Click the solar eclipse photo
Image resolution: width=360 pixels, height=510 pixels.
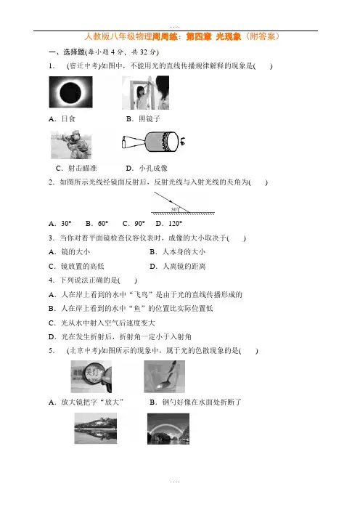click(71, 92)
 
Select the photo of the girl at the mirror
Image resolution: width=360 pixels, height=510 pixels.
click(146, 93)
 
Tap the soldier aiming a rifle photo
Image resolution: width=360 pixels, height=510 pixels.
click(71, 145)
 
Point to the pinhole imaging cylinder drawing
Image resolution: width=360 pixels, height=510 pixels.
click(153, 142)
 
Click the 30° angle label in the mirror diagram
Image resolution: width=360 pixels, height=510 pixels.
click(174, 209)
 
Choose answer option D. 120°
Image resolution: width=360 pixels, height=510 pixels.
click(169, 224)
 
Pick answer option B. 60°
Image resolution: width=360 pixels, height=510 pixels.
click(97, 224)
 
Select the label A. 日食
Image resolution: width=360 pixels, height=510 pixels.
click(62, 119)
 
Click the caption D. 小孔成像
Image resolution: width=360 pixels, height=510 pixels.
click(147, 168)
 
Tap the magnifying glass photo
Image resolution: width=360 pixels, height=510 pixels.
click(91, 376)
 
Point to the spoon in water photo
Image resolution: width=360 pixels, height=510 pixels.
click(165, 376)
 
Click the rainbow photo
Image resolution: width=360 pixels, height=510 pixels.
click(168, 429)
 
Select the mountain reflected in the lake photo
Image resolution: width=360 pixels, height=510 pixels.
click(96, 429)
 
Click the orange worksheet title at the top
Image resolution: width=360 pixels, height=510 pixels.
click(181, 36)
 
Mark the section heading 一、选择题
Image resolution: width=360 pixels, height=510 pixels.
click(67, 52)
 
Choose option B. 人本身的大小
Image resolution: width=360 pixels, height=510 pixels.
click(177, 252)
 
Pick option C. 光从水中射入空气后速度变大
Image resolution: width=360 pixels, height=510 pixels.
click(102, 323)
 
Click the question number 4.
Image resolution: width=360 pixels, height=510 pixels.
click(52, 280)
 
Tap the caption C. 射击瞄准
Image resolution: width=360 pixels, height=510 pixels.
click(76, 168)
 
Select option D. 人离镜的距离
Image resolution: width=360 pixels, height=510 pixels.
click(178, 267)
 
